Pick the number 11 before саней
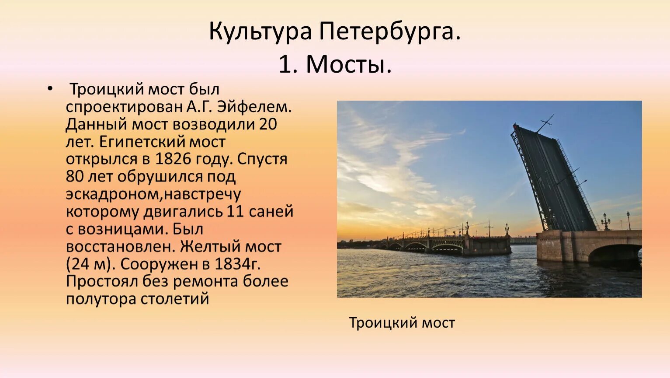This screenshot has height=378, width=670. point(236,212)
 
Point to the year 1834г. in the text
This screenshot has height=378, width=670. point(237,264)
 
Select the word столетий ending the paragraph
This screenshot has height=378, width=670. point(175,299)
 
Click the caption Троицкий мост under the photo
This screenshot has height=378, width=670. point(402,323)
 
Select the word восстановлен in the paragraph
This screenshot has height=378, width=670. point(120,247)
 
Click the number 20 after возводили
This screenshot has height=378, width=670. point(267,124)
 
